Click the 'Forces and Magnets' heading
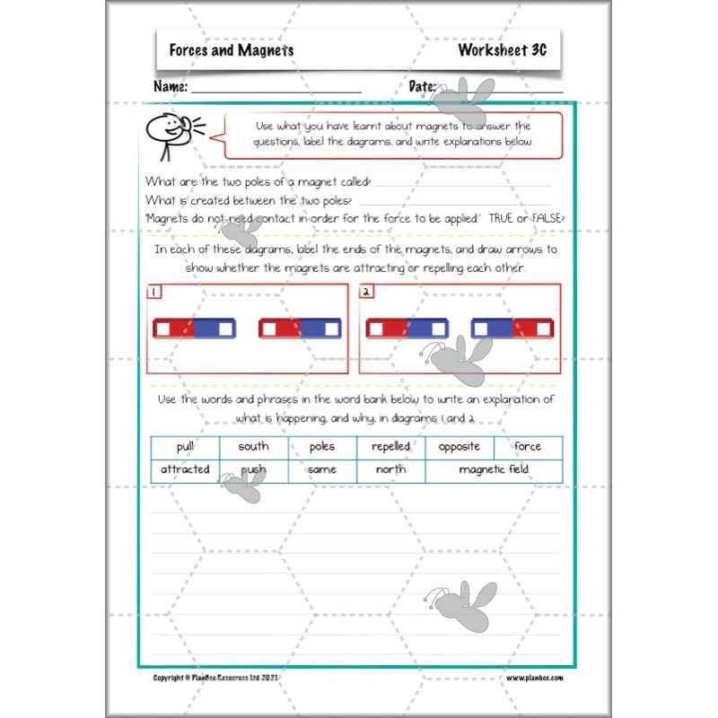click(232, 51)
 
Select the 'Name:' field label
click(171, 88)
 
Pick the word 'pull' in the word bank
click(185, 446)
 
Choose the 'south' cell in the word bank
click(253, 446)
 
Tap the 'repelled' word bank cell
click(391, 446)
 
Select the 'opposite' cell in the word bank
click(460, 446)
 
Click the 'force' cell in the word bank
click(528, 446)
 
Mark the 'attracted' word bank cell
click(185, 469)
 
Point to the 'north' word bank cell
click(391, 469)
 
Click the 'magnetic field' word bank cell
click(494, 469)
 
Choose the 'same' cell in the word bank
click(322, 469)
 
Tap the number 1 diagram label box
click(154, 292)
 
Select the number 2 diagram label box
click(367, 292)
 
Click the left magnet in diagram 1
click(195, 328)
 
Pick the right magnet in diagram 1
click(300, 328)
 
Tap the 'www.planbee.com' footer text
click(533, 679)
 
